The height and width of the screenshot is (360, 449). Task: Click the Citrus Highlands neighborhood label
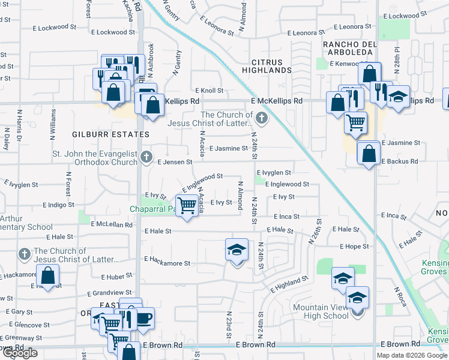[x=263, y=66]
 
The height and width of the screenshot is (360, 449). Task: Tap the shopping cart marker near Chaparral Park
[x=188, y=205]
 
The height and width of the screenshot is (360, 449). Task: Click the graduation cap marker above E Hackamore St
[x=237, y=250]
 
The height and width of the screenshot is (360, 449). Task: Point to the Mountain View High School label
[x=321, y=311]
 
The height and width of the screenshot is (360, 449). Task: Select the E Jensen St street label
[x=175, y=162]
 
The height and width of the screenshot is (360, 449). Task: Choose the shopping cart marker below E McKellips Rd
[x=355, y=122]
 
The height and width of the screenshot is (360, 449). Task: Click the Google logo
[x=20, y=353]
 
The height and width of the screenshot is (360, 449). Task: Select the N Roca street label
[x=400, y=297]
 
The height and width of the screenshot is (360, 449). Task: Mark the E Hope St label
[x=354, y=247]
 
